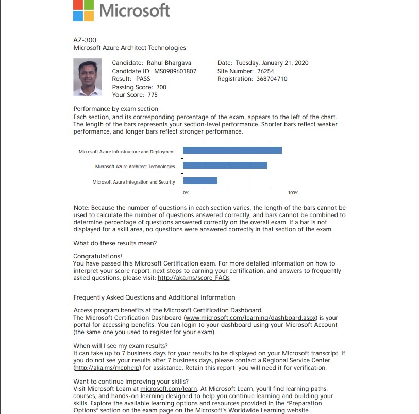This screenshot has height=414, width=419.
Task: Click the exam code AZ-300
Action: pyautogui.click(x=85, y=40)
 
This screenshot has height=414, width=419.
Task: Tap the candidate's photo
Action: pyautogui.click(x=87, y=77)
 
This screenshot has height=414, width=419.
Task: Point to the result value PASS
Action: pyautogui.click(x=143, y=79)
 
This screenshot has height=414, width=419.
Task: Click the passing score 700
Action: pyautogui.click(x=161, y=87)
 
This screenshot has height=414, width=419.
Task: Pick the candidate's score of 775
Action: pyautogui.click(x=152, y=95)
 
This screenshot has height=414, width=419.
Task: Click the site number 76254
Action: pyautogui.click(x=265, y=71)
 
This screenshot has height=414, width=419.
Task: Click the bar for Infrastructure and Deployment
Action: pyautogui.click(x=232, y=151)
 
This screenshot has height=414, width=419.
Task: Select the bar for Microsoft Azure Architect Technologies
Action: pyautogui.click(x=225, y=165)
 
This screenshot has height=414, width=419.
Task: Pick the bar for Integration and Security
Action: pyautogui.click(x=200, y=181)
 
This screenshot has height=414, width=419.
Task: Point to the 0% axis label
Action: pyautogui.click(x=186, y=192)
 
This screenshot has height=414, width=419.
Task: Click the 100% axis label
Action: pyautogui.click(x=293, y=192)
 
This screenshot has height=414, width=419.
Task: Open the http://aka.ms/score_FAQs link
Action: pyautogui.click(x=193, y=278)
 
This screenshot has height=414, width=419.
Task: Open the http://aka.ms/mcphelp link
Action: pyautogui.click(x=108, y=368)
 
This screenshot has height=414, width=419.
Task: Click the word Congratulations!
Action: pyautogui.click(x=98, y=256)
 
